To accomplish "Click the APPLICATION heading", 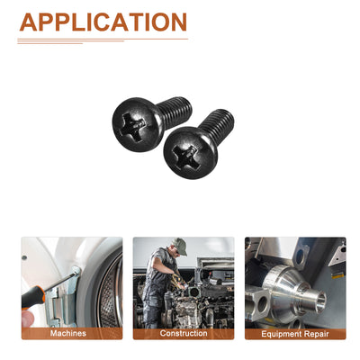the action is pos(103,22).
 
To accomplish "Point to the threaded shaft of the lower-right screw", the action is pos(217,123).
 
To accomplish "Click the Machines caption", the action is pos(68,333).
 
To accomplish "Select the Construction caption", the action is pos(184,333).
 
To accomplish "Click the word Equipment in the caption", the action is pos(281,334).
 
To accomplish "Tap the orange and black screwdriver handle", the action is pos(33,297).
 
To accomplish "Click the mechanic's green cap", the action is pos(180,246).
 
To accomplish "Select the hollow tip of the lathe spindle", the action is pos(321,301).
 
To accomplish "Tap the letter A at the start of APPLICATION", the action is pos(28,22).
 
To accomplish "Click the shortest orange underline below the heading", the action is pos(49,43).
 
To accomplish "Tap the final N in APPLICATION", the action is pos(178,22).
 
